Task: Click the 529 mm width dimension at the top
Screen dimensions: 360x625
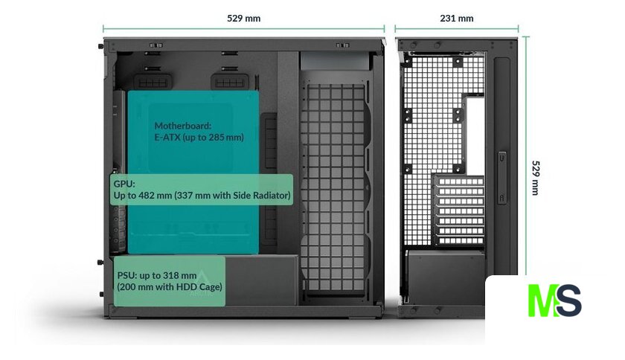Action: point(244,18)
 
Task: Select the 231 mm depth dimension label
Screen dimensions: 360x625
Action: point(456,18)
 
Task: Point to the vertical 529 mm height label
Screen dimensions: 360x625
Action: point(537,177)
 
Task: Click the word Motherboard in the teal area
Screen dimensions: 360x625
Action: point(183,126)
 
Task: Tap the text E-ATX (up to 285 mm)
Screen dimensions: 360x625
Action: point(199,138)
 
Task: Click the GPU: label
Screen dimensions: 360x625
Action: point(124,183)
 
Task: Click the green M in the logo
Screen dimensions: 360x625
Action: point(541,300)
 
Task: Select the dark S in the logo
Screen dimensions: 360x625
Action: point(568,300)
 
